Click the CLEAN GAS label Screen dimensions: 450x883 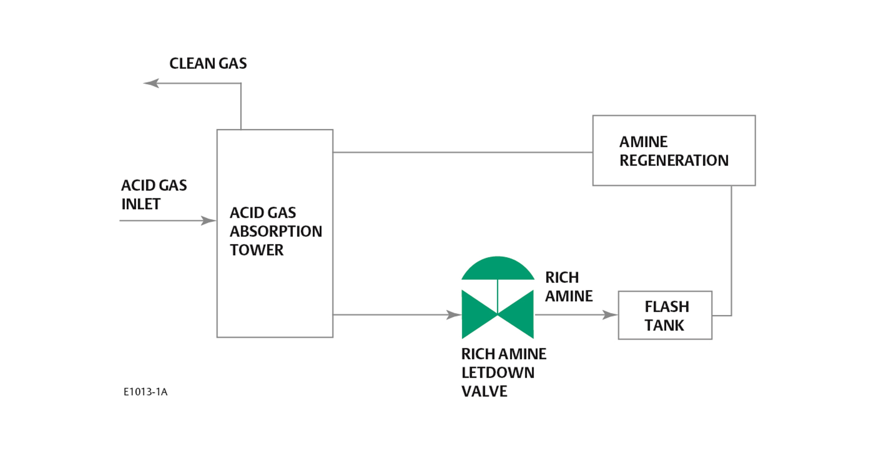click(208, 63)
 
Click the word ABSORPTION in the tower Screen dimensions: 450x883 click(276, 231)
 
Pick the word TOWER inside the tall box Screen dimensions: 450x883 click(257, 250)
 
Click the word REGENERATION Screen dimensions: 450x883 click(674, 160)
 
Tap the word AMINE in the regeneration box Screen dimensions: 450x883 click(643, 142)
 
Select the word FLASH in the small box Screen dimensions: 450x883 click(667, 306)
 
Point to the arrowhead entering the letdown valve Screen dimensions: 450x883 click(453, 315)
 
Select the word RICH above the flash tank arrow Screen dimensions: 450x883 click(562, 277)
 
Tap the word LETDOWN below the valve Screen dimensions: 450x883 click(498, 373)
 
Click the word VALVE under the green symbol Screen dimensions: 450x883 click(484, 391)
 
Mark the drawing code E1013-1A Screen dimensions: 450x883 click(145, 392)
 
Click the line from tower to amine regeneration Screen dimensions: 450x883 click(463, 152)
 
